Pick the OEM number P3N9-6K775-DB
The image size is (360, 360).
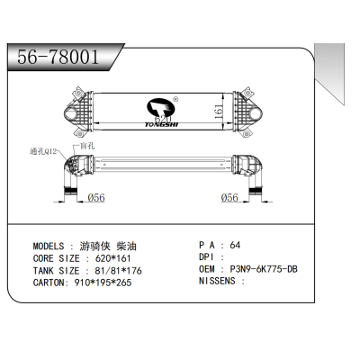[x=267, y=269]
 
